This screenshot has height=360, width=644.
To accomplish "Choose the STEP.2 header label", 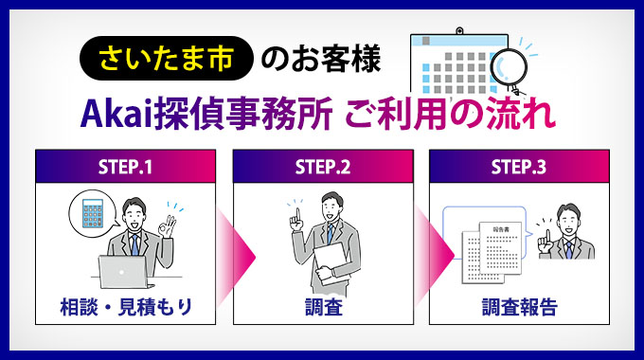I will [x=322, y=167].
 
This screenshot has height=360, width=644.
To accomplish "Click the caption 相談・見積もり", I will [x=125, y=307].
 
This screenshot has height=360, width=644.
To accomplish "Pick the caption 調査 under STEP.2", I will [x=322, y=307].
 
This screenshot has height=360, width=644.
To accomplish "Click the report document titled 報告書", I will [x=498, y=248].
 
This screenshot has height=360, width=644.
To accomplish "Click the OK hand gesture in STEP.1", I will [x=170, y=227].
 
